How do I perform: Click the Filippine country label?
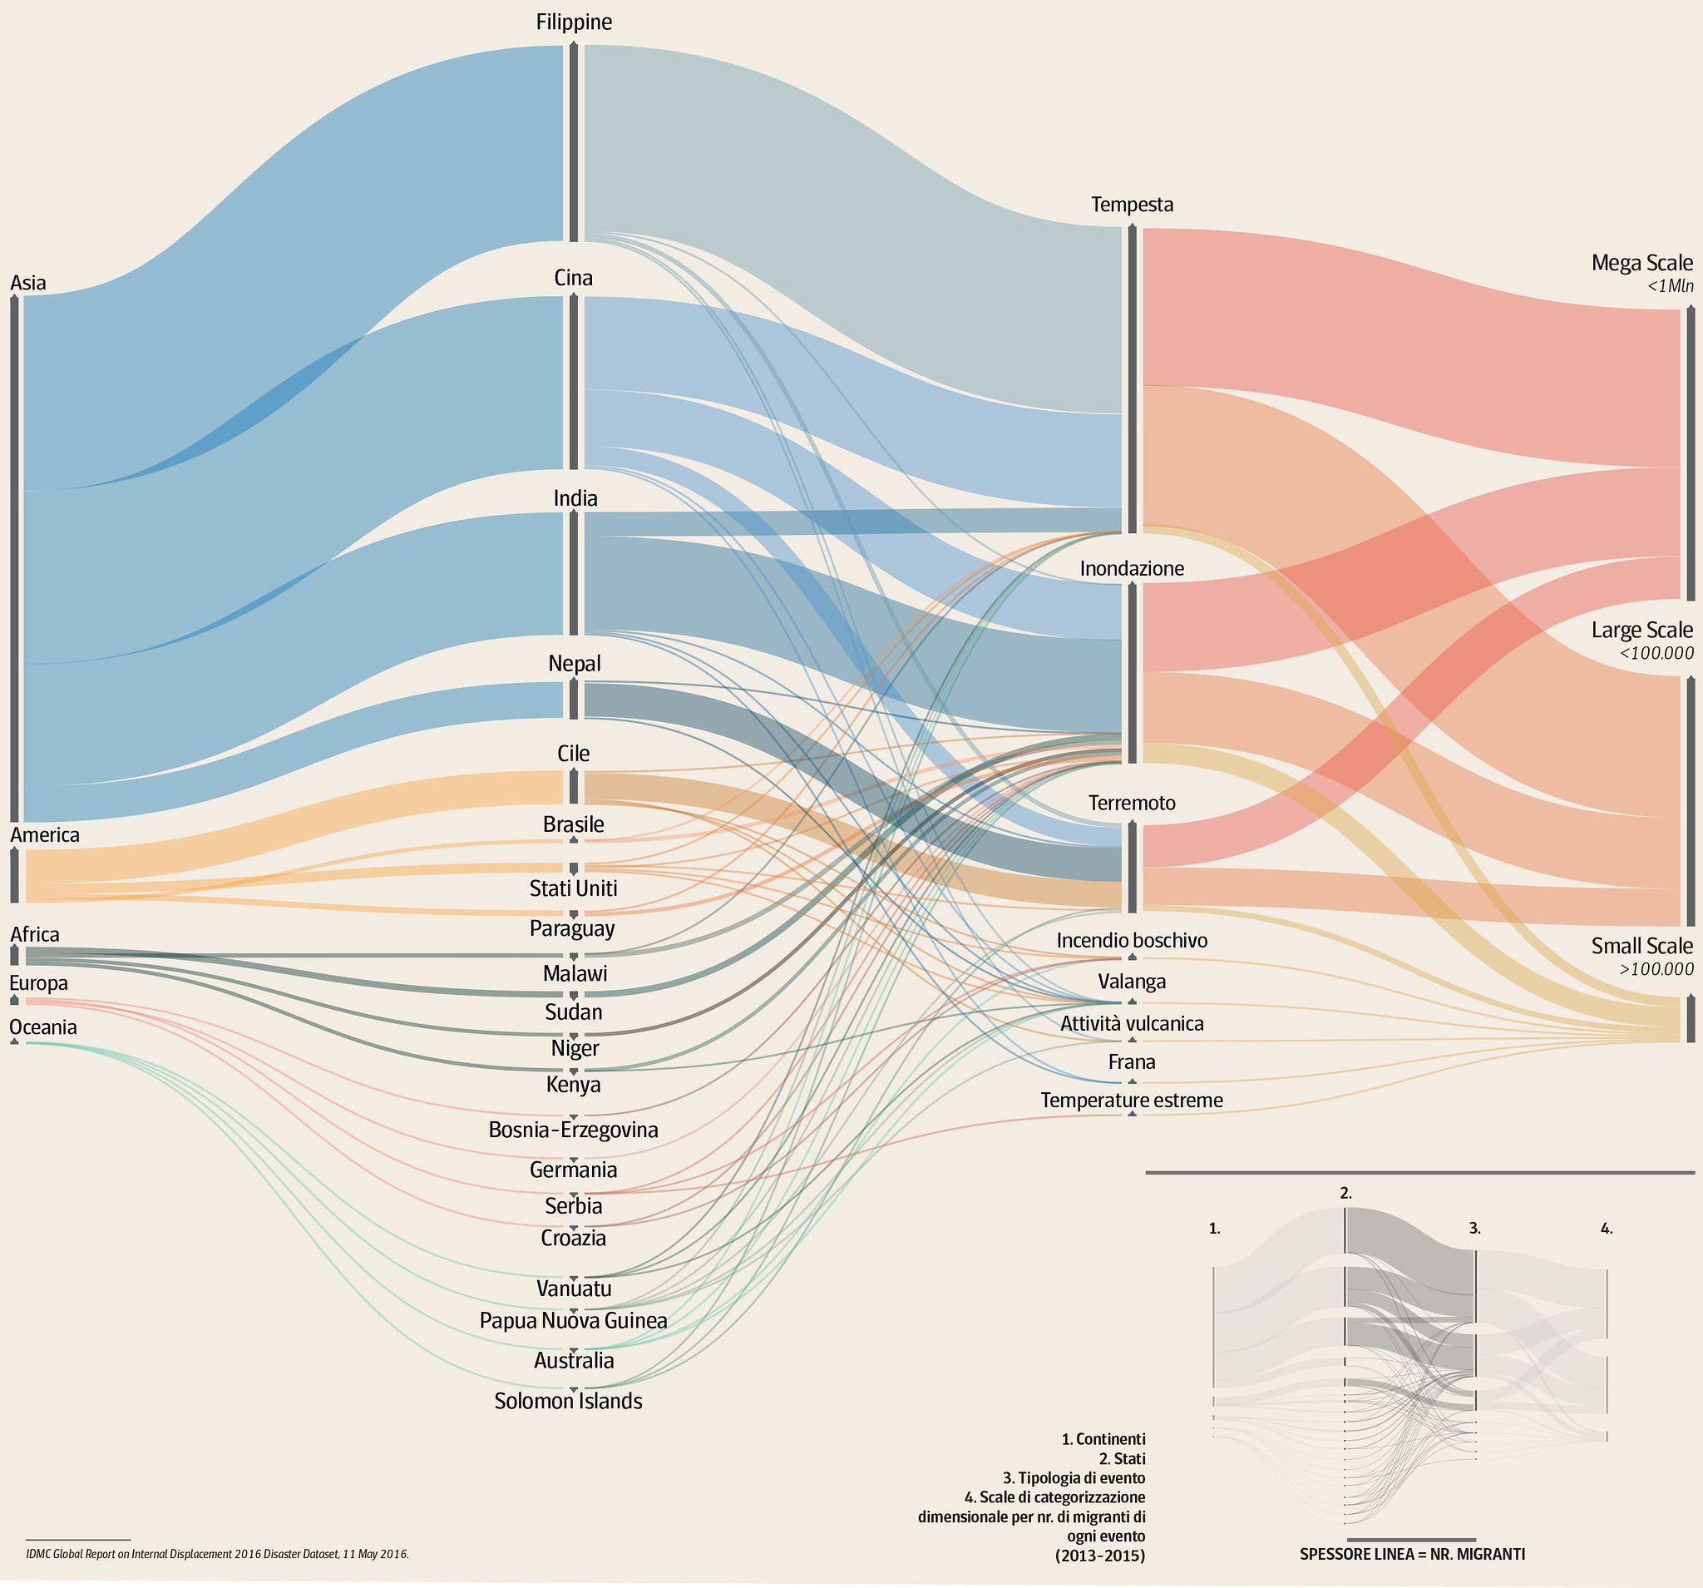(574, 22)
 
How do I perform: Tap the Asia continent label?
(28, 283)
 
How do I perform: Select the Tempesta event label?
(1132, 205)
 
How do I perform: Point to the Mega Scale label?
(1641, 263)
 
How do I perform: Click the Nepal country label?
(574, 663)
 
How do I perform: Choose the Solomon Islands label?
(568, 1401)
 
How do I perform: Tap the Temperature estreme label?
(1131, 1101)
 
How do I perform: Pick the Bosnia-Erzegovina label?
(573, 1130)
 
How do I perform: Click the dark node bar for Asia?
(15, 557)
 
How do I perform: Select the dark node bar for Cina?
(573, 381)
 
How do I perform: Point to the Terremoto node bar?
(1133, 866)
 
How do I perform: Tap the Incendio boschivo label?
(1131, 940)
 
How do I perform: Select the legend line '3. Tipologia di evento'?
(1074, 1477)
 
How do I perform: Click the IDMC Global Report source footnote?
(218, 1553)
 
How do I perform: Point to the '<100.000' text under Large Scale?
(1656, 653)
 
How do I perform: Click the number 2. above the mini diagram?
(1345, 1193)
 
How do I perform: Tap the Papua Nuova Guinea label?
(573, 1321)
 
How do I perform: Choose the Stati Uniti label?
(573, 888)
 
